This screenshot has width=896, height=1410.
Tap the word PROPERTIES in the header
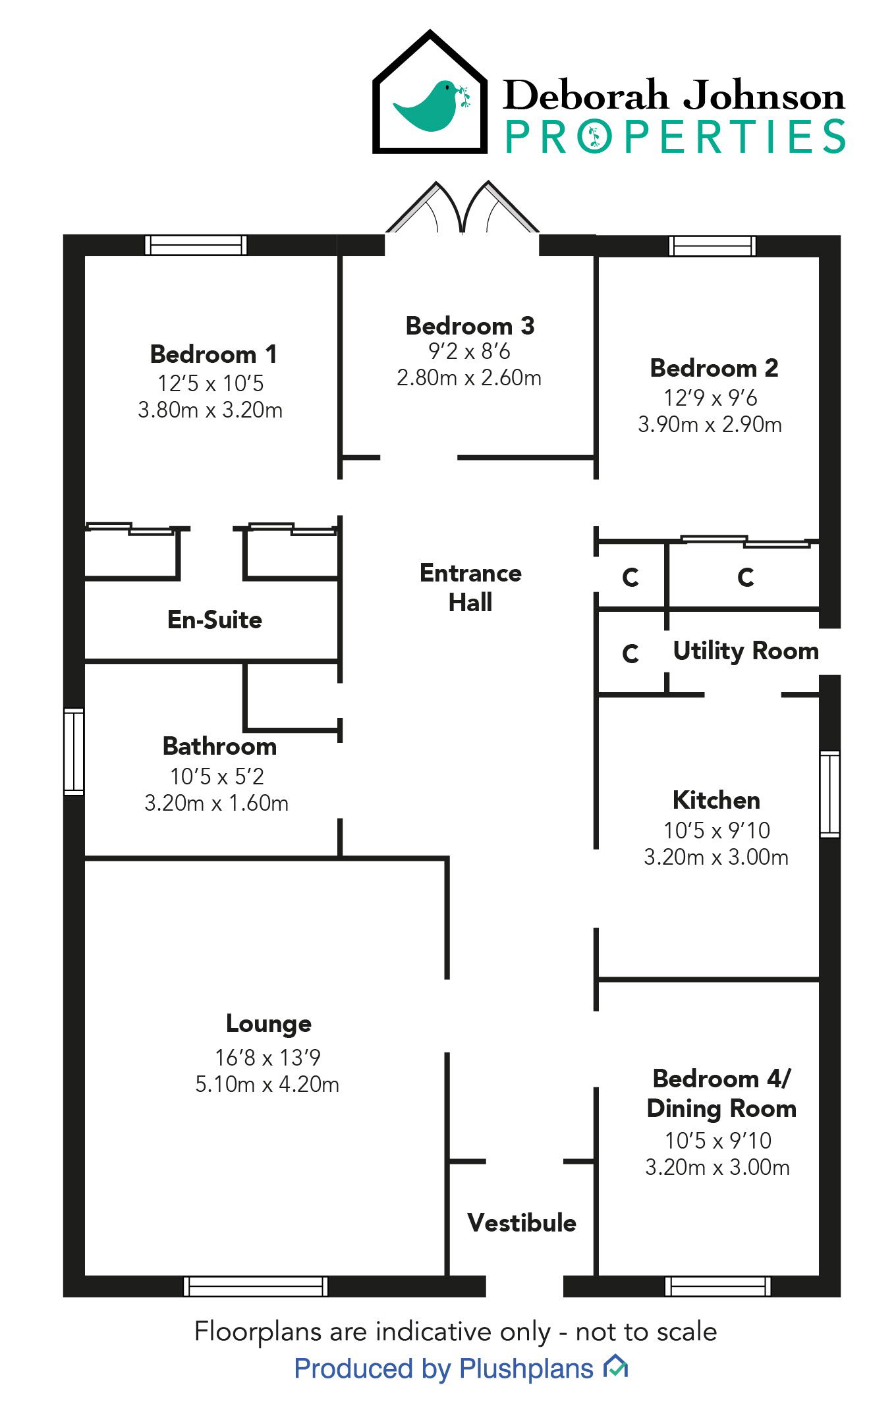click(675, 137)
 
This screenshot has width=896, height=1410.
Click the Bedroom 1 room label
click(213, 354)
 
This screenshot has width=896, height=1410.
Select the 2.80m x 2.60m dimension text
click(468, 378)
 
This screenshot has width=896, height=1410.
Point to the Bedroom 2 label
click(714, 368)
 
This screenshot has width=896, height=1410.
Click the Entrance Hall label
click(470, 587)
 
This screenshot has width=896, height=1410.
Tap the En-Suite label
click(215, 620)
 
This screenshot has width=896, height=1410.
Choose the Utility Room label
click(746, 651)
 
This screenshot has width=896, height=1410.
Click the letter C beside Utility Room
click(630, 654)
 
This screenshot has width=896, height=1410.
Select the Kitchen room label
click(716, 800)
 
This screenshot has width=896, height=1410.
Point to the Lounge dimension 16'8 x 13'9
click(267, 1058)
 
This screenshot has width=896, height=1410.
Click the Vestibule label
click(522, 1223)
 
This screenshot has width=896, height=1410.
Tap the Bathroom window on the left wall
click(74, 751)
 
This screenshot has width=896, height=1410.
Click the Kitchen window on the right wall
click(830, 794)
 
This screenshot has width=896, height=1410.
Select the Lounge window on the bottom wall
click(256, 1286)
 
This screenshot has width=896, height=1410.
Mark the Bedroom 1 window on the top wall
click(196, 245)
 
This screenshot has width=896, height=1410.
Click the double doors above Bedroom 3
click(462, 209)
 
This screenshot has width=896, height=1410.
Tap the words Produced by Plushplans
click(443, 1369)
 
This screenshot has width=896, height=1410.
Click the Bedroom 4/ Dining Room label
click(721, 1094)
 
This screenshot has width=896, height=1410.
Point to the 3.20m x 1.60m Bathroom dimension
click(216, 803)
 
